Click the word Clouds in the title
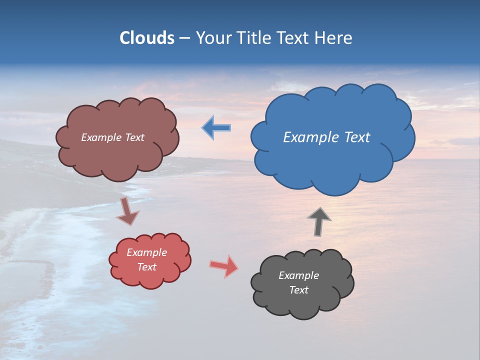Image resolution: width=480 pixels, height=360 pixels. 146,38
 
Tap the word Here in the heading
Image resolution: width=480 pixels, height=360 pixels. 334,38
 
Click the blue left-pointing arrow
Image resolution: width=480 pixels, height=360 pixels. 216,128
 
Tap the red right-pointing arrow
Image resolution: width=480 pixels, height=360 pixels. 224,266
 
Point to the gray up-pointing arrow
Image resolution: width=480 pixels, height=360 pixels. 319,221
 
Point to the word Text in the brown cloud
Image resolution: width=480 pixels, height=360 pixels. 134,137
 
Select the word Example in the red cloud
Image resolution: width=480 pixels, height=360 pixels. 147,253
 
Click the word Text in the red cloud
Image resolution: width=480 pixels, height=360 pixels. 147,267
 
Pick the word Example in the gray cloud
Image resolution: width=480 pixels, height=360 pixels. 298,275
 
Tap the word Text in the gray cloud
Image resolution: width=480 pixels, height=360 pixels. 298,290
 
